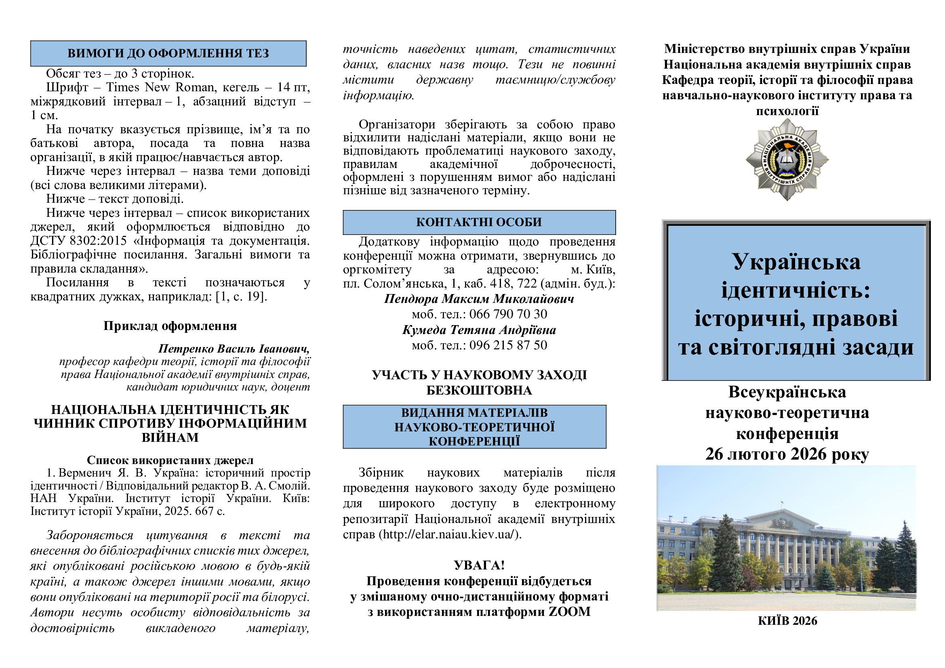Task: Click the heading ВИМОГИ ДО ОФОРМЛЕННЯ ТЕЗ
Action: pos(168,53)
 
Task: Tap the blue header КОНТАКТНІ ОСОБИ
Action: pos(479,222)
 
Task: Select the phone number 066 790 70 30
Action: pos(508,314)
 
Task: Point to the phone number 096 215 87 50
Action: pos(508,345)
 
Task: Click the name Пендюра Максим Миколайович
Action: pos(479,298)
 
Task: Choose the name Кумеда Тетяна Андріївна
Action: pos(479,330)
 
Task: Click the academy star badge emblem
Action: pos(787,160)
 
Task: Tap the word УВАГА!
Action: pos(479,565)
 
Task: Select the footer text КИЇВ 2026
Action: pos(787,621)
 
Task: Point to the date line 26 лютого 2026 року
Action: pos(787,454)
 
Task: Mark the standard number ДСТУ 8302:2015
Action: pos(78,241)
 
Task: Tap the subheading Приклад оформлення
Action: pos(170,326)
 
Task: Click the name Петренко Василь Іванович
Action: pos(234,349)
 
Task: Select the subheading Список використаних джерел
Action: pos(170,460)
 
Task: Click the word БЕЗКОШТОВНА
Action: pos(479,391)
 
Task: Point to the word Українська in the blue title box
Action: pos(796,262)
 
